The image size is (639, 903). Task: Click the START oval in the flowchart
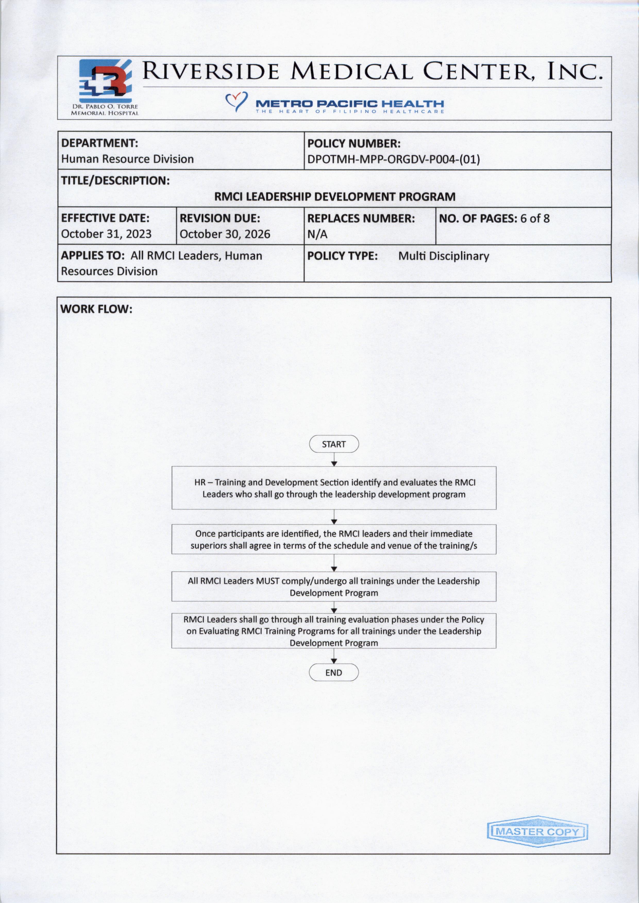click(334, 444)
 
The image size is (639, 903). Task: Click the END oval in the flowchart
click(334, 673)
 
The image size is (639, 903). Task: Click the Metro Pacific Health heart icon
click(237, 101)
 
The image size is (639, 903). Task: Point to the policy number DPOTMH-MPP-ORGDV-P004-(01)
click(393, 159)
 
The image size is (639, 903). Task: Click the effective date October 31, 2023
click(106, 234)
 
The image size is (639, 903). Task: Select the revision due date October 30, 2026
click(225, 234)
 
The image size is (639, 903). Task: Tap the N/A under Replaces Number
click(317, 234)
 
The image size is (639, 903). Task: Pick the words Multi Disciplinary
click(443, 256)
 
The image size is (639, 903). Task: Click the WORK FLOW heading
click(96, 309)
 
